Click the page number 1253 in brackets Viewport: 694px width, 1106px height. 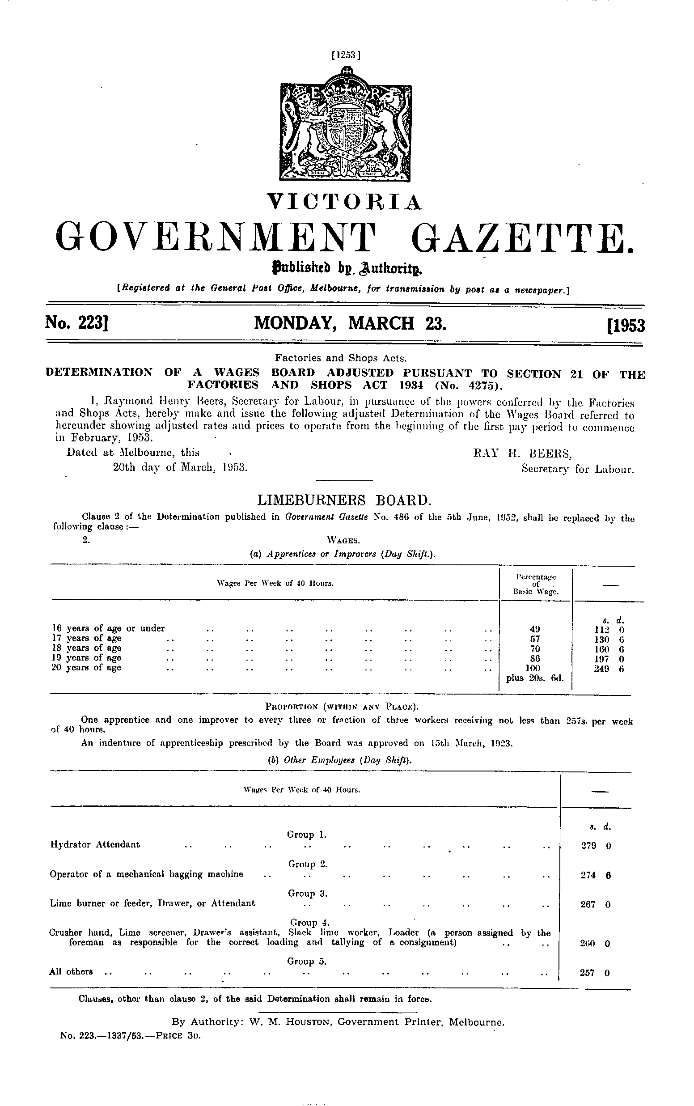coord(346,55)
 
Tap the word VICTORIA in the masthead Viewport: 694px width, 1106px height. coord(345,202)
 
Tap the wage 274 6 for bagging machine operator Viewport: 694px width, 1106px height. coord(595,875)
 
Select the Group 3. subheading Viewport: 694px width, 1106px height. coord(307,894)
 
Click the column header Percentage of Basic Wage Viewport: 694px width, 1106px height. coord(536,584)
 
